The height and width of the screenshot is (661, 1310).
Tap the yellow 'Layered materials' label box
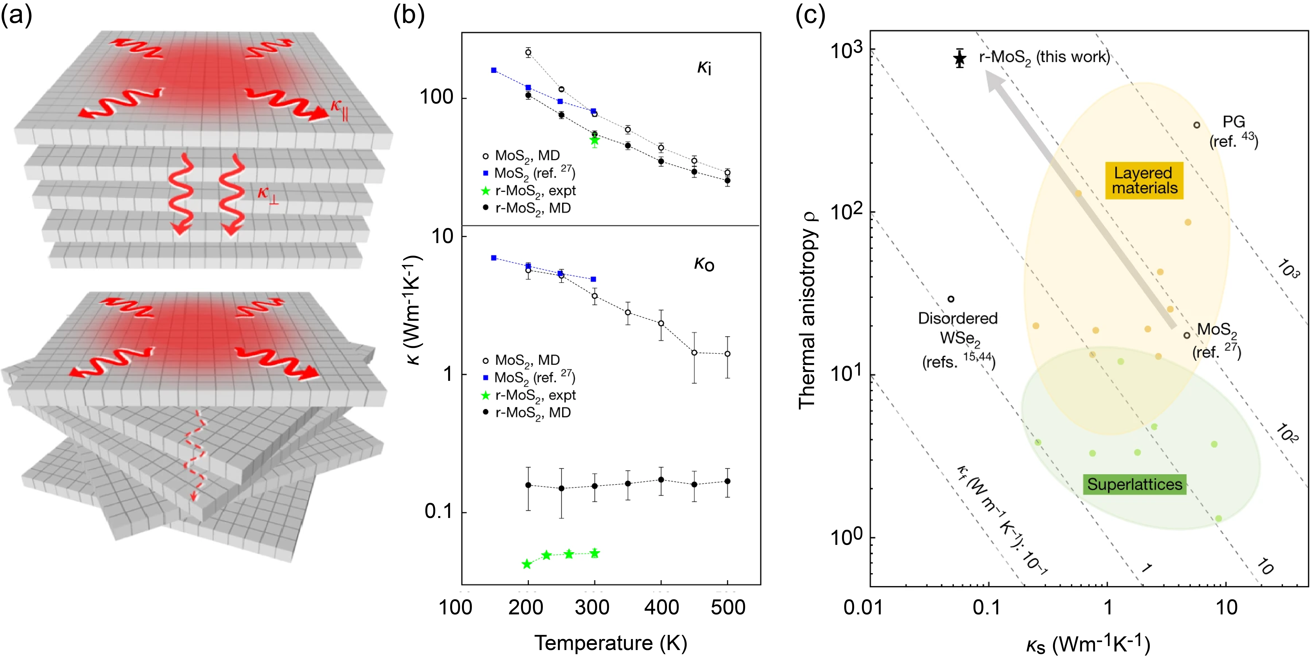click(1144, 181)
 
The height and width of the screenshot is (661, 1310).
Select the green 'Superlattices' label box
click(1135, 484)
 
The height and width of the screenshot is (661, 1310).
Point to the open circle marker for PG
click(1197, 125)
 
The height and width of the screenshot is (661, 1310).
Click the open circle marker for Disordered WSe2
click(950, 299)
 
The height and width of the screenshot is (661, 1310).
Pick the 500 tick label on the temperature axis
click(728, 607)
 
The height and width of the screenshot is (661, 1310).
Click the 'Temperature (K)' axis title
click(610, 643)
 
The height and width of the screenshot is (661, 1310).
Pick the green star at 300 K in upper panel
click(594, 141)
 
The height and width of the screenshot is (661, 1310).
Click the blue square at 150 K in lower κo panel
click(493, 258)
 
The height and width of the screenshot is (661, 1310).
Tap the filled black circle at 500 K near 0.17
click(728, 481)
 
